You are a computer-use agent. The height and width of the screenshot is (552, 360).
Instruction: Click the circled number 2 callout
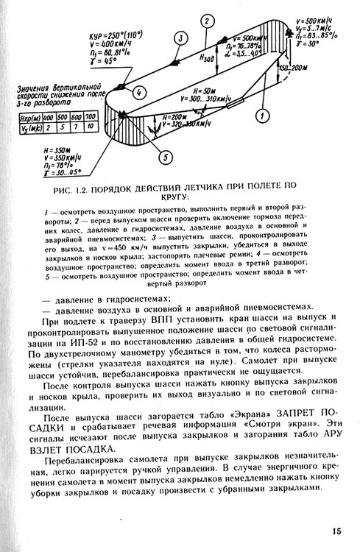click(x=209, y=20)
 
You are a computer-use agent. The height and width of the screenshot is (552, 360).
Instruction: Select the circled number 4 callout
click(x=139, y=93)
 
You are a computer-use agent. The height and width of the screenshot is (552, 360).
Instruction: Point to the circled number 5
click(x=166, y=157)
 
